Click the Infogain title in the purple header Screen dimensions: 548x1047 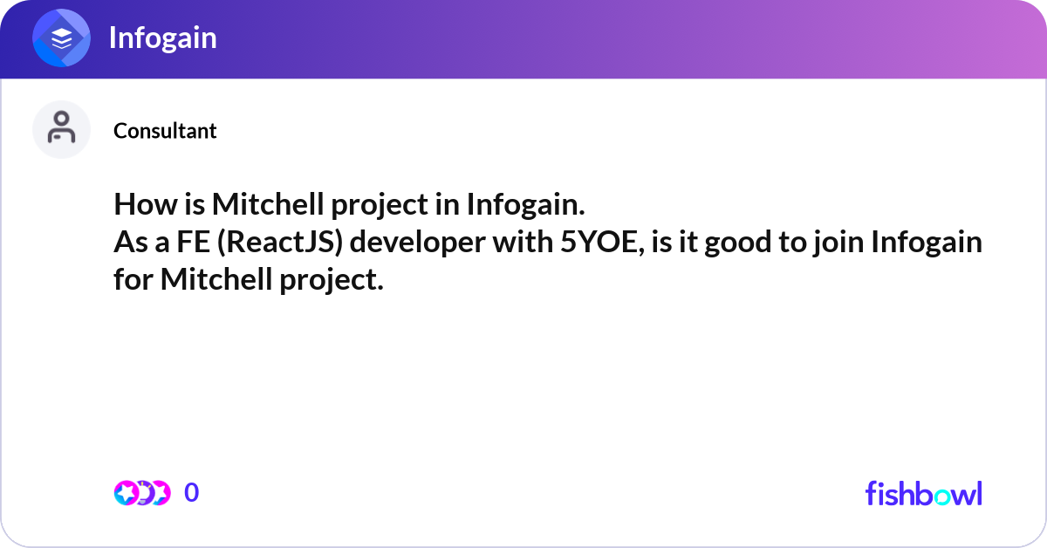pyautogui.click(x=162, y=38)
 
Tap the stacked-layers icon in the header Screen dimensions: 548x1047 pyautogui.click(x=62, y=38)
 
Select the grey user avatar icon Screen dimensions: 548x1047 pyautogui.click(x=61, y=129)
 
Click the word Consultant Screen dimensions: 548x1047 pyautogui.click(x=165, y=131)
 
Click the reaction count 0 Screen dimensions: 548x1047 pyautogui.click(x=192, y=493)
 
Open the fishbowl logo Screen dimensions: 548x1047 pyautogui.click(x=923, y=493)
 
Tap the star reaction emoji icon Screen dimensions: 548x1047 pyautogui.click(x=127, y=493)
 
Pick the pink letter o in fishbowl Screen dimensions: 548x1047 pyautogui.click(x=939, y=495)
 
